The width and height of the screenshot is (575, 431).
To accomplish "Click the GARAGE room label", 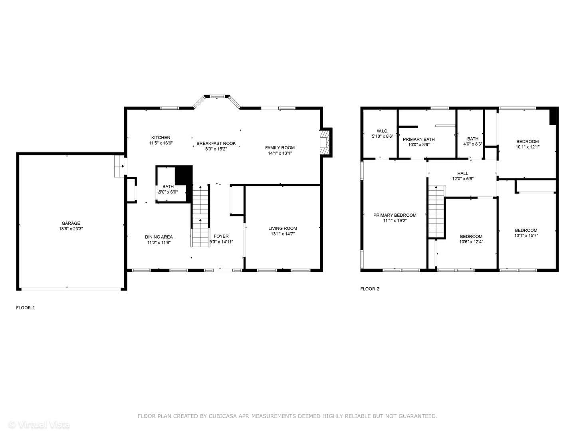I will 71,223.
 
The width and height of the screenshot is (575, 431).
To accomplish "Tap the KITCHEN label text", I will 161,138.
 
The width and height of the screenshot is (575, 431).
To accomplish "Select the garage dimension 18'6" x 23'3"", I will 71,229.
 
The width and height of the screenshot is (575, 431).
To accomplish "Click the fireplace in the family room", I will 326,142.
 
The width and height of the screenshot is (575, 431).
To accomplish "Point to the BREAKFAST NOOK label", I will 216,144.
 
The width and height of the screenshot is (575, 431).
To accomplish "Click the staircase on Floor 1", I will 200,215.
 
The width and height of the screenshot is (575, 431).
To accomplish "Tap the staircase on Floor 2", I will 436,212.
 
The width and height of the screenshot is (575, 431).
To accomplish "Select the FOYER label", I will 221,236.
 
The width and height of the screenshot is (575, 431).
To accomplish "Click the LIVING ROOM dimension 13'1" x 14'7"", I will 283,234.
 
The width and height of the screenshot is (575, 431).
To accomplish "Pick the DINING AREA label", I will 159,237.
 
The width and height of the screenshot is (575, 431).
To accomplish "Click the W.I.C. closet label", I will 382,131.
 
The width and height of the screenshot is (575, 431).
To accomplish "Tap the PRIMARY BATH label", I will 418,139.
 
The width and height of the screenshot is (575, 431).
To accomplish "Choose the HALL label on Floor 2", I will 463,174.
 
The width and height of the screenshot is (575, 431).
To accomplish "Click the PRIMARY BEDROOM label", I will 395,215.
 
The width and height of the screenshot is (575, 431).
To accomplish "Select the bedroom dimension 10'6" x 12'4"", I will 471,242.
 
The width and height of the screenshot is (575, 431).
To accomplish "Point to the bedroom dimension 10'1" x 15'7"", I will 526,236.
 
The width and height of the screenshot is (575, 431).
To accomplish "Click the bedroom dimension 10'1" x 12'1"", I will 527,147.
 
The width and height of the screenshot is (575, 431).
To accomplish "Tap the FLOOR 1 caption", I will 26,308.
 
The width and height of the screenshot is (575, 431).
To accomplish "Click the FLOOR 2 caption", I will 370,289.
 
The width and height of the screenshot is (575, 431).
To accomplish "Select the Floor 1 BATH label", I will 168,186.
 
